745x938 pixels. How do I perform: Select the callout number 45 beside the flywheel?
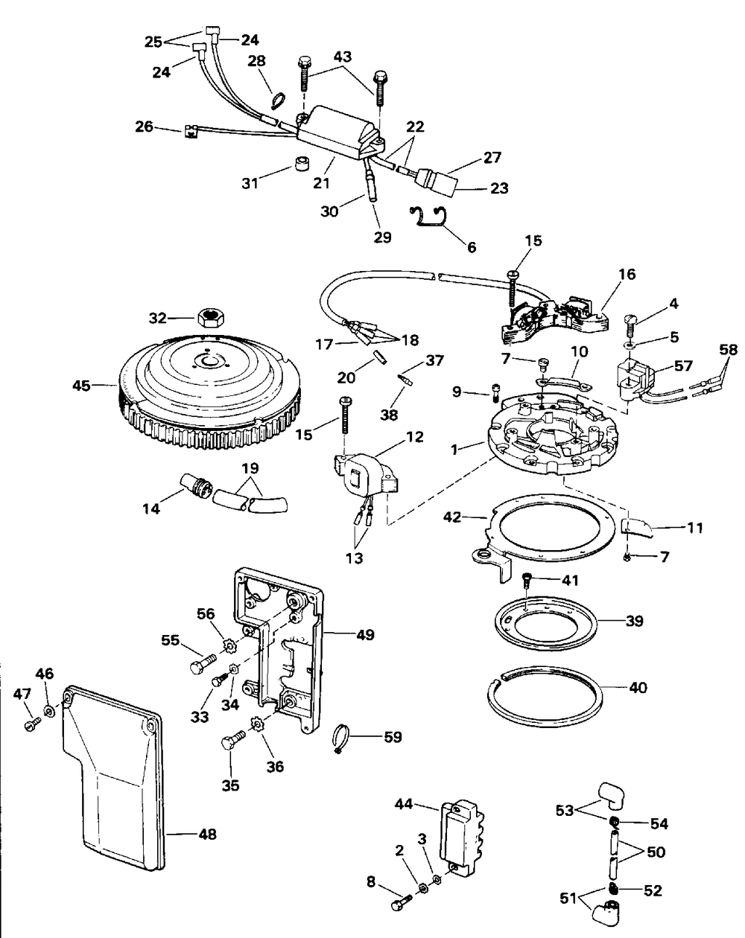(x=81, y=386)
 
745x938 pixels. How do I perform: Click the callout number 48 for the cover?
(x=208, y=835)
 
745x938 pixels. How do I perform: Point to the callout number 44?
(x=404, y=804)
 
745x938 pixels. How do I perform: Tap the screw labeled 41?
(x=527, y=577)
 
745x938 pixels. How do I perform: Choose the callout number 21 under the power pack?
(x=322, y=182)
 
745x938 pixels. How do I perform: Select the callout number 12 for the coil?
(x=414, y=436)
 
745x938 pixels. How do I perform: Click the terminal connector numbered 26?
(x=189, y=131)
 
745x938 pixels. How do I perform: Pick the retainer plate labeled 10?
(x=562, y=383)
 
